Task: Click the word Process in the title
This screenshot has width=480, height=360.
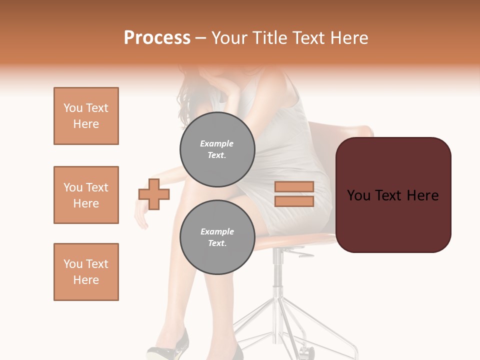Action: pyautogui.click(x=157, y=38)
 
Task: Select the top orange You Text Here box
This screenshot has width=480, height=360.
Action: pyautogui.click(x=86, y=116)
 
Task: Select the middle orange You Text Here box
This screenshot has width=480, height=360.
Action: pyautogui.click(x=86, y=195)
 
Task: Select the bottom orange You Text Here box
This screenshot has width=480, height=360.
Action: pyautogui.click(x=86, y=272)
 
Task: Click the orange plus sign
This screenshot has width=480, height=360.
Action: pyautogui.click(x=154, y=194)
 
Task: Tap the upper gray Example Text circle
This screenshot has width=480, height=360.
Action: pyautogui.click(x=217, y=149)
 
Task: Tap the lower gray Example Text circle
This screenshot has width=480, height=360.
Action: pyautogui.click(x=217, y=237)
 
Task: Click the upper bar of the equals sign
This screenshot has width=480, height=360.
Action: pyautogui.click(x=294, y=187)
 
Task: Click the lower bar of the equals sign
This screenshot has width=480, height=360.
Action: pyautogui.click(x=294, y=201)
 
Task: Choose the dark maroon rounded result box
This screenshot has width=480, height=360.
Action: pyautogui.click(x=393, y=195)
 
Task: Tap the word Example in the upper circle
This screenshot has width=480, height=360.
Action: pyautogui.click(x=217, y=143)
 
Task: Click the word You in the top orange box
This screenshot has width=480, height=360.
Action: pyautogui.click(x=72, y=108)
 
